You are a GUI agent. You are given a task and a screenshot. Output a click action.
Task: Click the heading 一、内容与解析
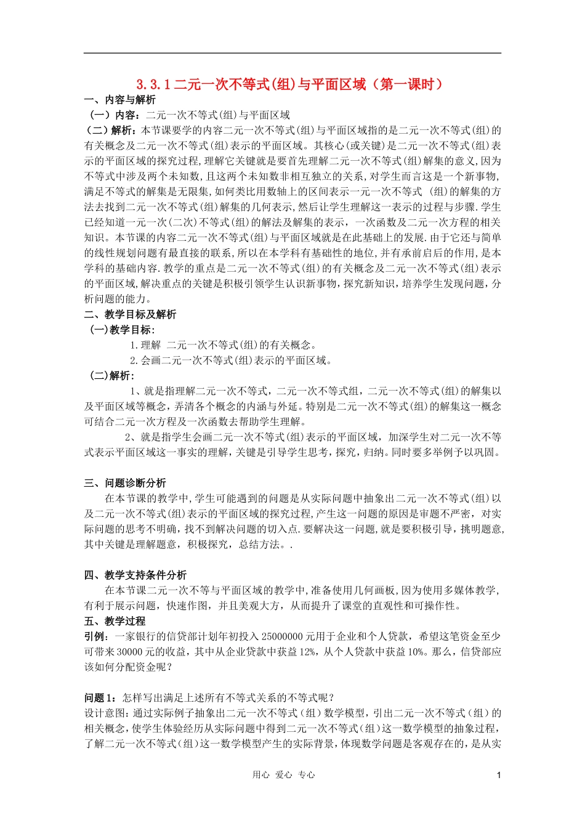pyautogui.click(x=120, y=100)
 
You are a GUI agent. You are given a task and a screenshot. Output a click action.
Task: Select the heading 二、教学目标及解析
pyautogui.click(x=131, y=314)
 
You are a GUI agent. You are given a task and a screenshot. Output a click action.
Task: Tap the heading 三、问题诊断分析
pyautogui.click(x=125, y=483)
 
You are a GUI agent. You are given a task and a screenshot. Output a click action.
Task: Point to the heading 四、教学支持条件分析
pyautogui.click(x=135, y=575)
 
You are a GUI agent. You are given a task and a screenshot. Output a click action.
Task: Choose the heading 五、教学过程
pyautogui.click(x=115, y=621)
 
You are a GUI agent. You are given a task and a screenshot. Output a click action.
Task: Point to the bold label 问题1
pyautogui.click(x=99, y=697)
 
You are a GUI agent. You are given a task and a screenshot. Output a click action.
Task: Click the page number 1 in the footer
pyautogui.click(x=499, y=775)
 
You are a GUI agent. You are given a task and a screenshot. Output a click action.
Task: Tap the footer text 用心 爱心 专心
pyautogui.click(x=284, y=775)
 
